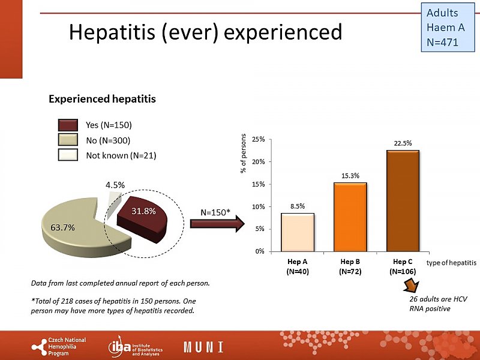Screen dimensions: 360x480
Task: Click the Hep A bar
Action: point(297,232)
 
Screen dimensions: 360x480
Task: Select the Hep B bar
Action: point(350,217)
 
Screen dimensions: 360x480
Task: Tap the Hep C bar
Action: point(403,200)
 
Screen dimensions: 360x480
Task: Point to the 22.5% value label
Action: point(403,143)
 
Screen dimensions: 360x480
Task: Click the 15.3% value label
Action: point(350,176)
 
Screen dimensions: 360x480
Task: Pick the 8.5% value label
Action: point(297,206)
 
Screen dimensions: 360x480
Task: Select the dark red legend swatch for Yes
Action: point(68,125)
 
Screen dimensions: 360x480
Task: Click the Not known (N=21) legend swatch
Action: point(68,155)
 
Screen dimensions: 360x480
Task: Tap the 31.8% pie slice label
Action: point(144,211)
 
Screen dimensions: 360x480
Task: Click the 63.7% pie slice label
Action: point(62,227)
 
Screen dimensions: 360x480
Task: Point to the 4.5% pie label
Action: point(115,185)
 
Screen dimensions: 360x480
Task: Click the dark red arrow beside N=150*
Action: point(217,224)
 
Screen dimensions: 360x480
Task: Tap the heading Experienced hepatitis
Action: point(102,99)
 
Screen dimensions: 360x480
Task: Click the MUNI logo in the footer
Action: point(203,347)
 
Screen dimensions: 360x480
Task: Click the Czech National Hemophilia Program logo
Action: point(59,347)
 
